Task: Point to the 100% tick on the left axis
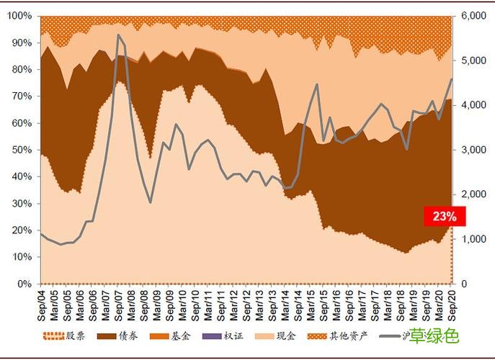click(x=19, y=16)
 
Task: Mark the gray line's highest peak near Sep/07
click(x=118, y=35)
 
